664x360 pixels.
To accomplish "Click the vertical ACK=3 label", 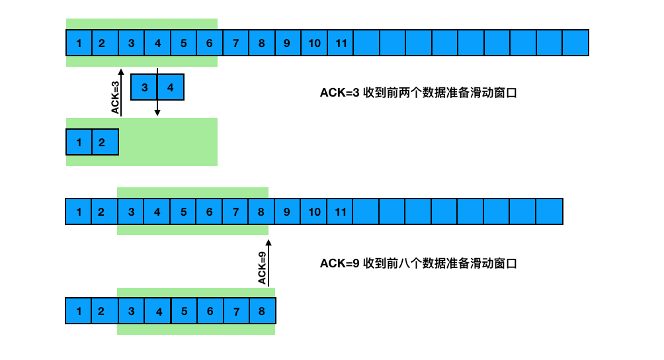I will point(115,97).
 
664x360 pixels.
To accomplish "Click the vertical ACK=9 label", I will point(262,268).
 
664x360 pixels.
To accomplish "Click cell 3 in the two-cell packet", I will point(144,87).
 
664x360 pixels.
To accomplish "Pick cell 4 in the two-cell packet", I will point(170,87).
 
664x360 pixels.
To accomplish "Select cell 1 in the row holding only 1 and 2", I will point(79,142).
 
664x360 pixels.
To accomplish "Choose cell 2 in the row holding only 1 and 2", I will point(105,142).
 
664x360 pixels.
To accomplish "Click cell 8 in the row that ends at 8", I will point(262,311).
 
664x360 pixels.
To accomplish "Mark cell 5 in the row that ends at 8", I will point(184,311).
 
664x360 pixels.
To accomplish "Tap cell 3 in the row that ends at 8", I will point(132,311).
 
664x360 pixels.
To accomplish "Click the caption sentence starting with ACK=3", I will point(418,93).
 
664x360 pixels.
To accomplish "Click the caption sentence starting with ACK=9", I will point(418,263).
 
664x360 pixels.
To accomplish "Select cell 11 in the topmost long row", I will point(341,43).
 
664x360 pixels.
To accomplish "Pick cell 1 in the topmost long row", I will point(79,43).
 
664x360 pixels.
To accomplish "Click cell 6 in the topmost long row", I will point(210,43).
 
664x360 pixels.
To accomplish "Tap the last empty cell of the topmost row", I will point(575,43).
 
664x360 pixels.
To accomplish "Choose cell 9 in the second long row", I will point(287,212).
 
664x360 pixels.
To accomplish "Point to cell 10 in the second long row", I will point(313,212).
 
